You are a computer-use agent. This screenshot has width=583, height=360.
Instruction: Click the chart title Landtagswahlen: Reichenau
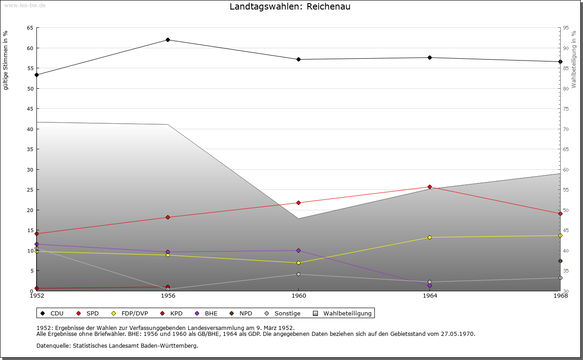(x=290, y=7)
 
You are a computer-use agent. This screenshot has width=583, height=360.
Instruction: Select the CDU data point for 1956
(x=168, y=40)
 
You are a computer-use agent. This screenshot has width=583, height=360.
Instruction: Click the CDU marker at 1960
(x=298, y=59)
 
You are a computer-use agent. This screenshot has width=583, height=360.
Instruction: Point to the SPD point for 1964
(x=430, y=187)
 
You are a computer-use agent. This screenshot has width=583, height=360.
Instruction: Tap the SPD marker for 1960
(x=298, y=203)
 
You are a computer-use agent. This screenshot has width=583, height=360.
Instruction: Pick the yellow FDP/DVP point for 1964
(x=430, y=237)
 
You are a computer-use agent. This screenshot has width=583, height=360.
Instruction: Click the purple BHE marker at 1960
(x=298, y=250)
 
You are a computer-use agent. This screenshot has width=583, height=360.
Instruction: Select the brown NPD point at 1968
(x=560, y=261)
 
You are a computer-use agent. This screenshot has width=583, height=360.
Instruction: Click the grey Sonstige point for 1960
(x=298, y=274)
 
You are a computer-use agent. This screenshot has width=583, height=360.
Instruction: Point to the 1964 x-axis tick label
(x=430, y=296)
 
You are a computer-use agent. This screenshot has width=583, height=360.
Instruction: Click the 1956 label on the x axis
(x=168, y=296)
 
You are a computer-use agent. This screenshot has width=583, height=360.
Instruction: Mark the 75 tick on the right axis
(x=566, y=109)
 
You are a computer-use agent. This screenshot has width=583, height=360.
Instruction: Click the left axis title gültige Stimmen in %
(x=6, y=60)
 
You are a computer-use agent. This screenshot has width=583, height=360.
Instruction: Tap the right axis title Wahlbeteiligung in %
(x=574, y=59)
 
